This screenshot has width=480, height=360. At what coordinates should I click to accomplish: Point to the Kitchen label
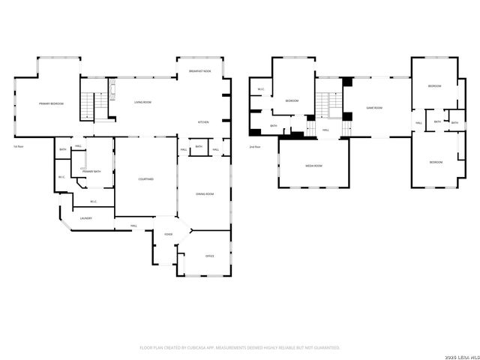pyautogui.click(x=203, y=121)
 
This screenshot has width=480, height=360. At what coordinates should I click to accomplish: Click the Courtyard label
pyautogui.click(x=146, y=179)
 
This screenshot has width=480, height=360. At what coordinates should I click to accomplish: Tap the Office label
pyautogui.click(x=209, y=256)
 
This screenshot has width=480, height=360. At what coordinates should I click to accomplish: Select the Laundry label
pyautogui.click(x=85, y=218)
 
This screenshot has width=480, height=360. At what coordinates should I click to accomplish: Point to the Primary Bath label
pyautogui.click(x=91, y=172)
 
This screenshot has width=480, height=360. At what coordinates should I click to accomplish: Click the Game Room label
pyautogui.click(x=374, y=108)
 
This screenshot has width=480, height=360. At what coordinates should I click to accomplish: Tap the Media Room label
pyautogui.click(x=313, y=166)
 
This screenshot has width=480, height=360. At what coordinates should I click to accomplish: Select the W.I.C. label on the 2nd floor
pyautogui.click(x=260, y=90)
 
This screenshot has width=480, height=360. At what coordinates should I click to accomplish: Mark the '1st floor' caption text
pyautogui.click(x=18, y=147)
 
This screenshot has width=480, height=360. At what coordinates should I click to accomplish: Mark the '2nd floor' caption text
pyautogui.click(x=256, y=147)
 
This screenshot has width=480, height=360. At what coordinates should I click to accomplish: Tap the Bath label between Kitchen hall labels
pyautogui.click(x=199, y=147)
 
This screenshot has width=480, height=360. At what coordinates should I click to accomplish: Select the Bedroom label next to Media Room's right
pyautogui.click(x=436, y=163)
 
